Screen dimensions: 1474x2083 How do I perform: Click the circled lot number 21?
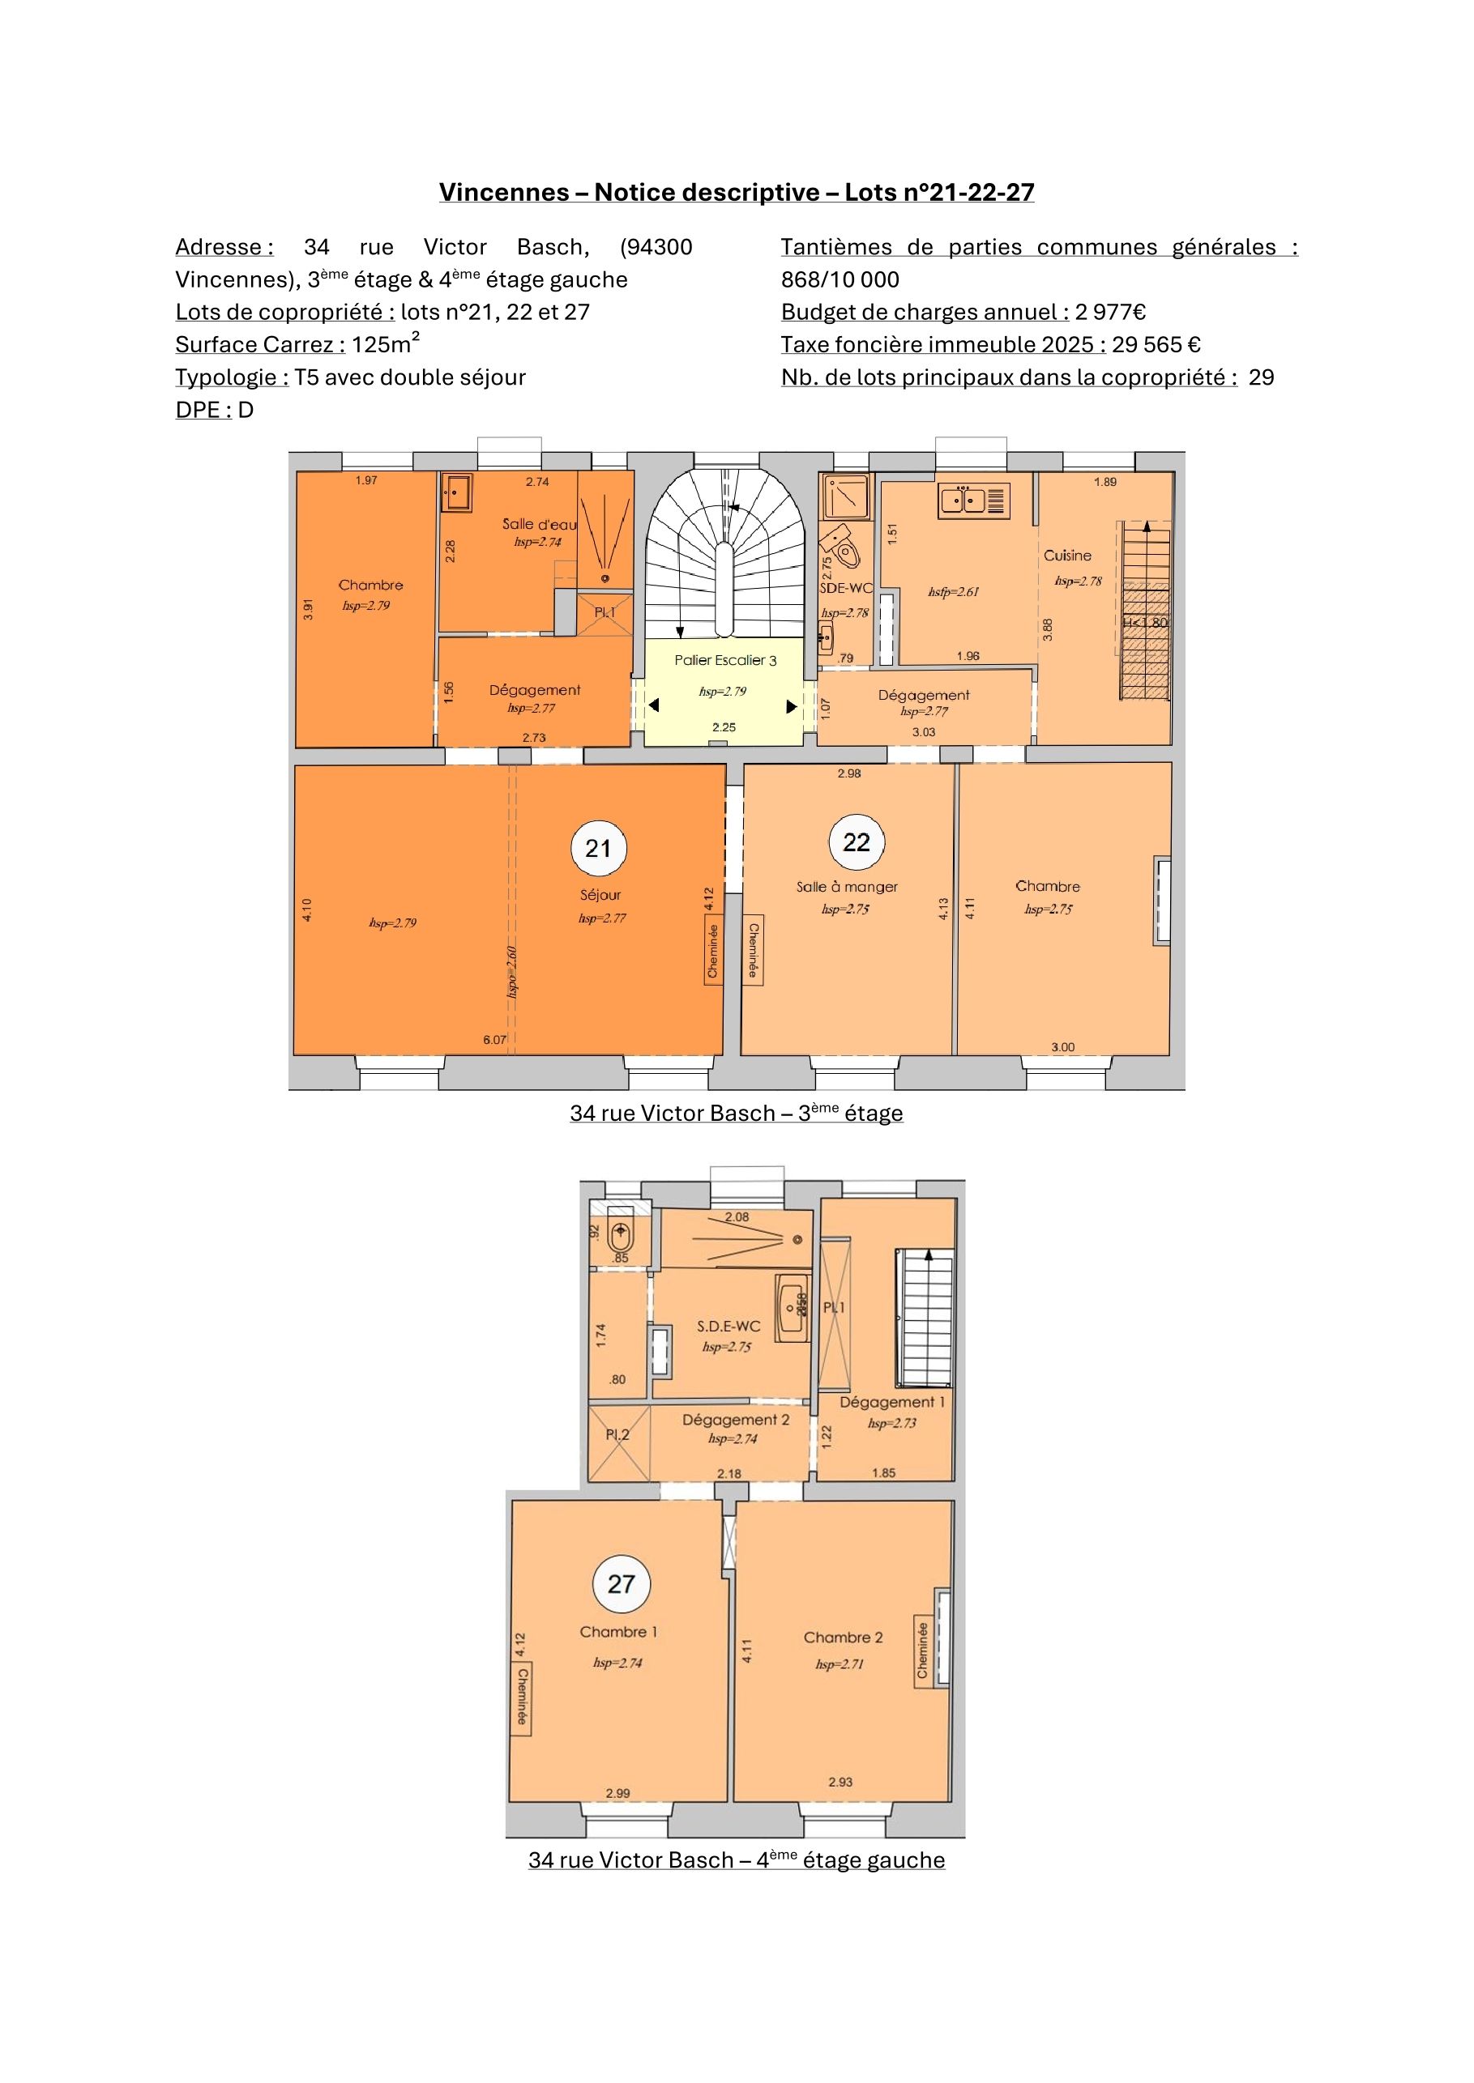tap(598, 848)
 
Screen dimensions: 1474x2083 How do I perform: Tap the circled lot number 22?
tap(857, 842)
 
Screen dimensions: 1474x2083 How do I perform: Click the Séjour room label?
tap(600, 895)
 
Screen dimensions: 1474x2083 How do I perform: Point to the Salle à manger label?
tap(847, 886)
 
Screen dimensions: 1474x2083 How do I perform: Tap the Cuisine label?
tap(1067, 556)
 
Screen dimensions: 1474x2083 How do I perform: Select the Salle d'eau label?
tap(539, 523)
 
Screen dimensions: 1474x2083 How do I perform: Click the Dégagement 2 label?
tap(736, 1420)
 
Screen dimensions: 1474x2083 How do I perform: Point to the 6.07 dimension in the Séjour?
tap(494, 1040)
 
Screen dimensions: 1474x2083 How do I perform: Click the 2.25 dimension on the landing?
tap(724, 727)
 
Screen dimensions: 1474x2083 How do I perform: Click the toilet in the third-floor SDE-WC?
tap(840, 545)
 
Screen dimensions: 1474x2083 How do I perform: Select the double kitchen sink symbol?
tap(962, 500)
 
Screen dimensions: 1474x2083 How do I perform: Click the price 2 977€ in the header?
tap(1110, 312)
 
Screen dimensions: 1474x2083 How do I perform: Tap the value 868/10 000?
tap(840, 279)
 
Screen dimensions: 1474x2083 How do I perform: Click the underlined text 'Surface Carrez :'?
tap(260, 345)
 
